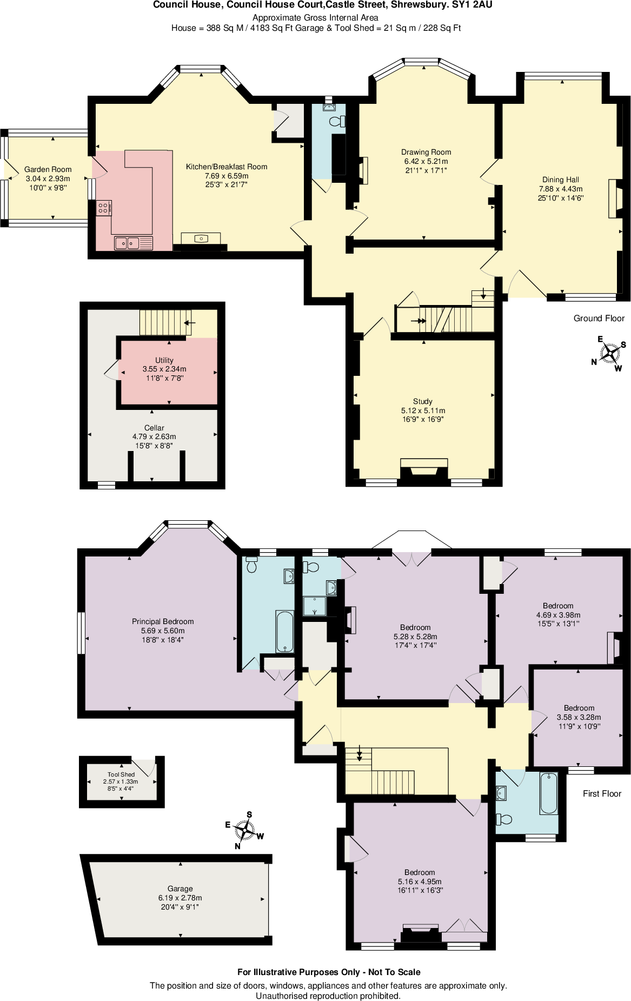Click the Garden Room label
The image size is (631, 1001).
48,169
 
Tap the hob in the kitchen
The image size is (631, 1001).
104,208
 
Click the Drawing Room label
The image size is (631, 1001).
426,152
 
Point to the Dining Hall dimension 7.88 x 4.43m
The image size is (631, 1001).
561,189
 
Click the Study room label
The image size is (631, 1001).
422,401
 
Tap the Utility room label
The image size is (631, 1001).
164,360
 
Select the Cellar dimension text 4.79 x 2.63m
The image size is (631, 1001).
154,436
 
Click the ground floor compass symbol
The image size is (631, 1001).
610,354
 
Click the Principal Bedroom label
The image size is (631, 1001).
163,621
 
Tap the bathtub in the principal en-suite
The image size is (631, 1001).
284,632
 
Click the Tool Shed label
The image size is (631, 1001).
121,774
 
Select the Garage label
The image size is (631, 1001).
180,889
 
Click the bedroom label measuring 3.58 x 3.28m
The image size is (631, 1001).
579,708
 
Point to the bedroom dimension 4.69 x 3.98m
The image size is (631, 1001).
558,615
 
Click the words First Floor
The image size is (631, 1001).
602,793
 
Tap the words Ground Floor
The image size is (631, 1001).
599,318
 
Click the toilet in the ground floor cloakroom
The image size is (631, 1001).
336,121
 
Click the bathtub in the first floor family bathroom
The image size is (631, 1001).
548,793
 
